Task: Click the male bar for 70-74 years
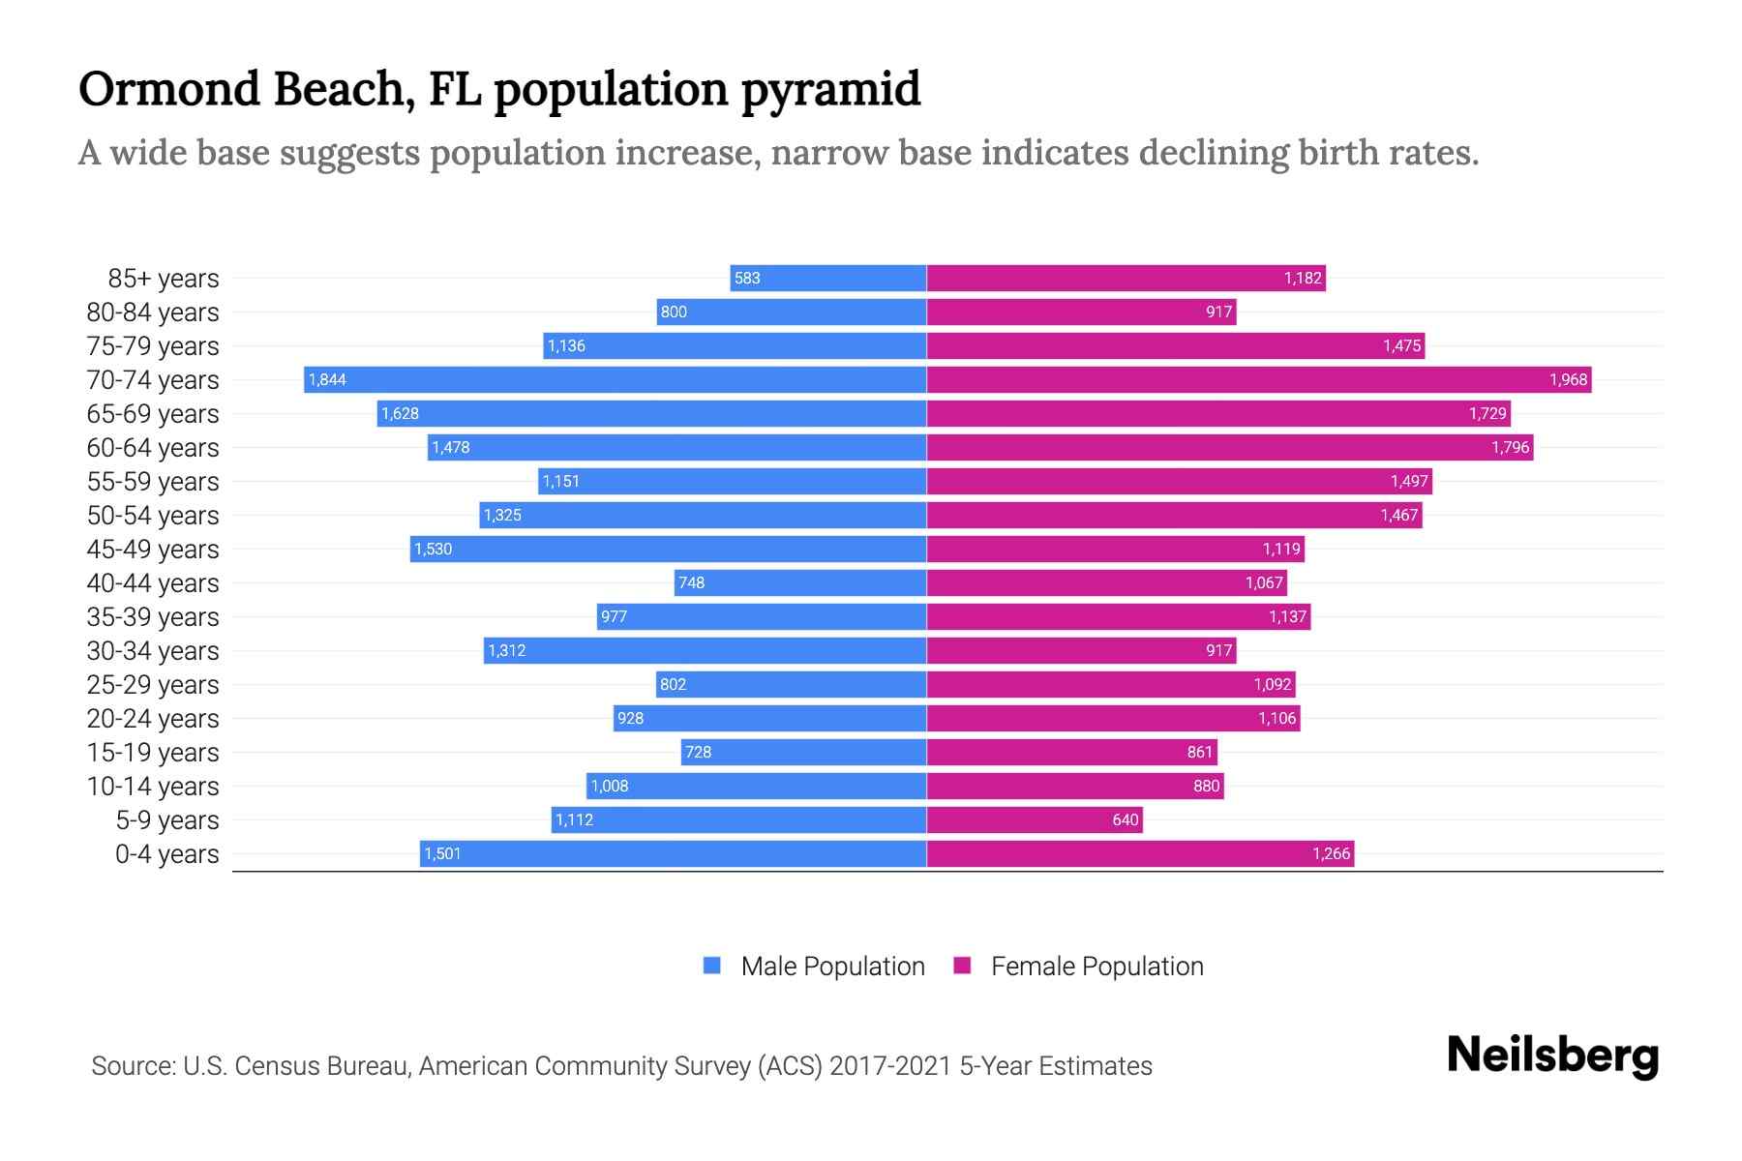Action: coord(616,379)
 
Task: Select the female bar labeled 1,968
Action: coord(1258,379)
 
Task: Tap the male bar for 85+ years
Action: coord(828,278)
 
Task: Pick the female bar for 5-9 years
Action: coord(1034,819)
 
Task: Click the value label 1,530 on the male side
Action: coord(433,549)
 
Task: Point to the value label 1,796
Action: coord(1510,447)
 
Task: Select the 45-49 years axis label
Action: coord(153,549)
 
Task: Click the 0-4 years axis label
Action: coord(166,853)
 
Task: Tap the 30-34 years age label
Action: coord(153,650)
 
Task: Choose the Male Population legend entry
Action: coord(831,966)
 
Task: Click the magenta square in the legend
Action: coord(962,966)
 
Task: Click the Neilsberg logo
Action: coord(1552,1056)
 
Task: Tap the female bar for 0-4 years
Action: coord(1140,853)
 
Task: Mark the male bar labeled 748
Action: coord(800,582)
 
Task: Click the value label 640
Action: coord(1125,819)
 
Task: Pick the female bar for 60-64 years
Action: coord(1229,447)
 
